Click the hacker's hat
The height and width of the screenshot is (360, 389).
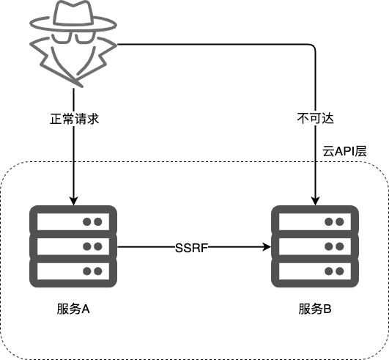click(73, 18)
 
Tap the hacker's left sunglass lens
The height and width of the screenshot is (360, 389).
click(62, 37)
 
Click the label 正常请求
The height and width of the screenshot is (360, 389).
click(74, 119)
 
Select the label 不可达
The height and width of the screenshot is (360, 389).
click(315, 119)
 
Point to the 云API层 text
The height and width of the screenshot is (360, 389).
click(344, 151)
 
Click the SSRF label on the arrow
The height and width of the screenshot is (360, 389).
click(191, 248)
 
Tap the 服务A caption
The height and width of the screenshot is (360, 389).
click(73, 309)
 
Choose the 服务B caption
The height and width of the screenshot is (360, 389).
click(315, 309)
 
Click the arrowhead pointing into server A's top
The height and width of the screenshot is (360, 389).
click(74, 202)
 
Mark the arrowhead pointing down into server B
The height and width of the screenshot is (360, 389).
click(315, 202)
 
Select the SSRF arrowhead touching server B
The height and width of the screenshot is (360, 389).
click(267, 247)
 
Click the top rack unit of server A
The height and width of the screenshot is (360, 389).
click(73, 221)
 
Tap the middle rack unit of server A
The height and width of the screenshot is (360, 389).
click(73, 246)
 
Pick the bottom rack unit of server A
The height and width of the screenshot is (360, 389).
click(73, 271)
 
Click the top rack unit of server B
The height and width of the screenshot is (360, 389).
click(315, 221)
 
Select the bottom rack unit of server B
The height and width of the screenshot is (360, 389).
click(315, 271)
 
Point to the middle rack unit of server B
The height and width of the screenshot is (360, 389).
click(315, 246)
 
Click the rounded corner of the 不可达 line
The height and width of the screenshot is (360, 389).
click(314, 46)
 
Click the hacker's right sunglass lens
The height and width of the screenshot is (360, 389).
click(85, 37)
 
